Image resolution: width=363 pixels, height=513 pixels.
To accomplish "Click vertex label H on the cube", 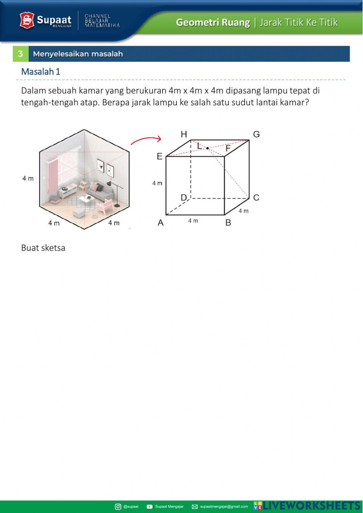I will click(184, 135).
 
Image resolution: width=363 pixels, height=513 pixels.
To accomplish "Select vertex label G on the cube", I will click(256, 135).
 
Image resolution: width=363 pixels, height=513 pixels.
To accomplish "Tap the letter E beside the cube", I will click(159, 156).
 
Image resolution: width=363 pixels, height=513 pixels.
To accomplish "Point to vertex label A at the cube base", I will click(160, 223).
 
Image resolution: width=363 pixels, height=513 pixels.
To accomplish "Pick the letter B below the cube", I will click(228, 223).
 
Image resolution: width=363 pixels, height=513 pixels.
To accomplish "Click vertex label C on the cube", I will click(256, 198).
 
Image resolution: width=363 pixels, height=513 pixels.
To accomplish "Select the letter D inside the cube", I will click(184, 198).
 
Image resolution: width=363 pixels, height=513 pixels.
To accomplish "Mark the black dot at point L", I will click(207, 148).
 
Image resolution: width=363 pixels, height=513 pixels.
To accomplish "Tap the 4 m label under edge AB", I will click(193, 221).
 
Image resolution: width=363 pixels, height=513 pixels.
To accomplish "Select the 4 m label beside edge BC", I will click(244, 211).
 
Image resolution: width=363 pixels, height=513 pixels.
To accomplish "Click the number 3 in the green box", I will click(20, 54).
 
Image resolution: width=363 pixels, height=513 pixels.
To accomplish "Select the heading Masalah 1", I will click(41, 72).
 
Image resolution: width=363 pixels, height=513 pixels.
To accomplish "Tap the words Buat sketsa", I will click(43, 248).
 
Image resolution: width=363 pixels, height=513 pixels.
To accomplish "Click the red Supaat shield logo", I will click(27, 20).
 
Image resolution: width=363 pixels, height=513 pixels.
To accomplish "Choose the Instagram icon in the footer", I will click(118, 506).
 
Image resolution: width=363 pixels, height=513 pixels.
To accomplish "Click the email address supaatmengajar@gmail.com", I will click(224, 506).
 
